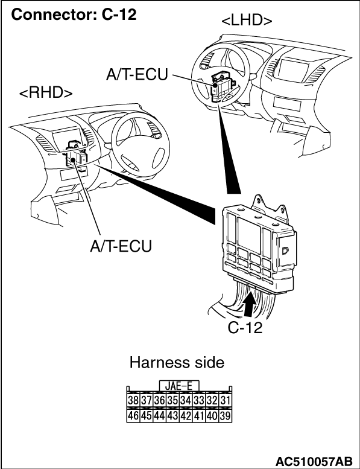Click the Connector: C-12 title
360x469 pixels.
74,14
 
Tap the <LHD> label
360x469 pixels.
247,21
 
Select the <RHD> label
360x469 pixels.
46,93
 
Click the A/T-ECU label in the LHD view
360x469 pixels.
137,74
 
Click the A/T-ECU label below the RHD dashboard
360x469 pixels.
121,246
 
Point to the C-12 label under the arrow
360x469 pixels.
245,328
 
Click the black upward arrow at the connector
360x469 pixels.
248,304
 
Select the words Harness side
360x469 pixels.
177,363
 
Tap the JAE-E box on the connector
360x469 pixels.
179,386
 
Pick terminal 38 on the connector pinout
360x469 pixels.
133,400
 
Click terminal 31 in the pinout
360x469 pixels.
226,400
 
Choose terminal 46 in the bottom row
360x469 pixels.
133,416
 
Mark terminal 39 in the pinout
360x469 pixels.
226,416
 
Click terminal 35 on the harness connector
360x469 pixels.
172,400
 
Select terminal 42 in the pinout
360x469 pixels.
186,416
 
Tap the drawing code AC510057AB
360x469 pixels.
314,461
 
